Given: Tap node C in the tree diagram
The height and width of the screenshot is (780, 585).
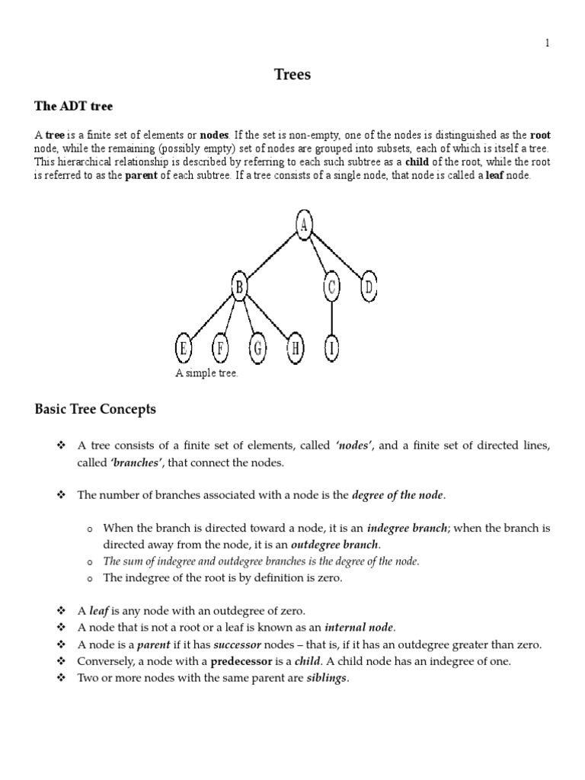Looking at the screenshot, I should point(331,287).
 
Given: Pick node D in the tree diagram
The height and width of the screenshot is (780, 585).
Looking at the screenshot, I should point(369,287).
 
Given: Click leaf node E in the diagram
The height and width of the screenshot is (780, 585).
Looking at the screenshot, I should point(184,350).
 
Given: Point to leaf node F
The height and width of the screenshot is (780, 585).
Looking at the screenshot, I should point(221,350).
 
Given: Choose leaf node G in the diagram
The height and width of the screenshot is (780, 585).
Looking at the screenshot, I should point(258,350).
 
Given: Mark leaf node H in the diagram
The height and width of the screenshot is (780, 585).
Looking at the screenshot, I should point(296,350).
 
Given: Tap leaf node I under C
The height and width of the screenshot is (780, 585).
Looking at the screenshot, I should point(331,350).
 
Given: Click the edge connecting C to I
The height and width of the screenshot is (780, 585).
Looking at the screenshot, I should point(331,318).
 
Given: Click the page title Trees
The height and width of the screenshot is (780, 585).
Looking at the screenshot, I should point(292,75).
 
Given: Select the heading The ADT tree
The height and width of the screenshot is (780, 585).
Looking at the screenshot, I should point(73,106).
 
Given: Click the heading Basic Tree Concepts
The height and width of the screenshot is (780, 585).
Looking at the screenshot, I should point(95,409).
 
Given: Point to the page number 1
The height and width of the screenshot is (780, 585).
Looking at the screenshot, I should point(546,43).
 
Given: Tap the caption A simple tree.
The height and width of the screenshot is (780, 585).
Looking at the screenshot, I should point(206,373).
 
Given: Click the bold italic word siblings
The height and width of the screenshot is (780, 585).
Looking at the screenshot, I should point(326,678).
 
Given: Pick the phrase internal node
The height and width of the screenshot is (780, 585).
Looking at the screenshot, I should point(359,628).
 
